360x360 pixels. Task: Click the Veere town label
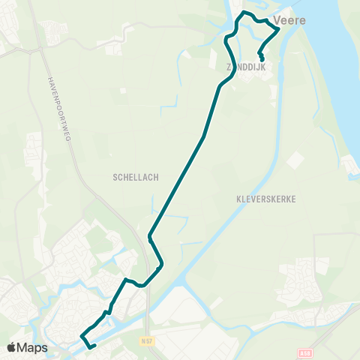click(289, 20)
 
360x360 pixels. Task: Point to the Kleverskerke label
click(266, 200)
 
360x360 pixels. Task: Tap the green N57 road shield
click(148, 341)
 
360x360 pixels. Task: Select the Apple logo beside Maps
click(12, 347)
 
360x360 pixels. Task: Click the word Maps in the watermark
click(32, 347)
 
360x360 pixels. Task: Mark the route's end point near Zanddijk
click(262, 59)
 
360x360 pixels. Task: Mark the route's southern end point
click(94, 346)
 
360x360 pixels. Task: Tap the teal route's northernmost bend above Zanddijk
click(243, 13)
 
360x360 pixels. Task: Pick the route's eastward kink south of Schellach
click(161, 265)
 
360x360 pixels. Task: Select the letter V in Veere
click(277, 20)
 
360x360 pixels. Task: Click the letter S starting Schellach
click(115, 178)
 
